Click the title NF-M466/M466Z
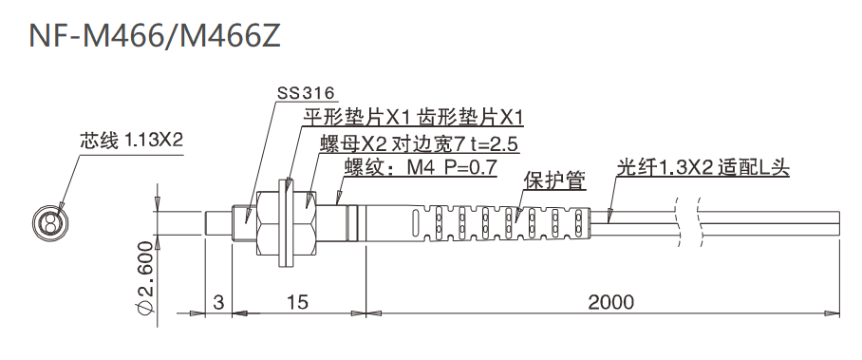coord(155,35)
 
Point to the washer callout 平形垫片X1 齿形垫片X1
coord(413,118)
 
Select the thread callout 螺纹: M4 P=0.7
coord(420,168)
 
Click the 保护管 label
coord(554,181)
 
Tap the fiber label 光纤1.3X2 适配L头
coord(703,168)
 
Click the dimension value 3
coord(219,302)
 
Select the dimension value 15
coord(297,302)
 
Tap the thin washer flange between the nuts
coord(286,224)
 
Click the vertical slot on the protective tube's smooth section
coord(415,224)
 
